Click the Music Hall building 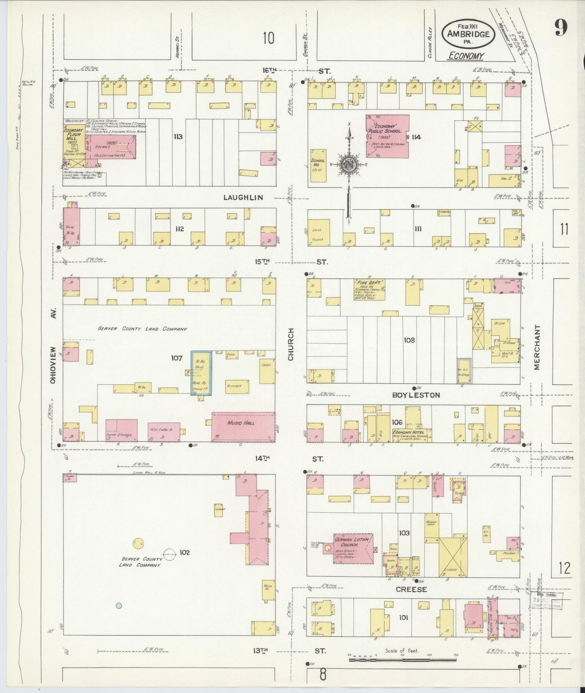[x=243, y=427]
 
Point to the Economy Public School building [x=387, y=136]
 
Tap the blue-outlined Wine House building [x=201, y=372]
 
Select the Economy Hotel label [x=412, y=433]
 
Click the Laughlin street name [x=243, y=198]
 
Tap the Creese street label [x=411, y=589]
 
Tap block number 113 [x=177, y=137]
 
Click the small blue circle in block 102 [x=119, y=605]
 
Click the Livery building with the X [x=453, y=557]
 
